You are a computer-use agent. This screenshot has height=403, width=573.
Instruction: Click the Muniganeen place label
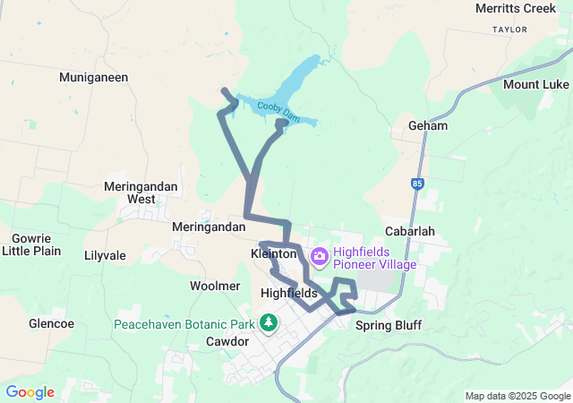(94, 77)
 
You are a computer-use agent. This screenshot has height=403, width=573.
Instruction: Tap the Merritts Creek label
(517, 9)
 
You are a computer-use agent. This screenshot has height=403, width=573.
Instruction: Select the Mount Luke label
(535, 84)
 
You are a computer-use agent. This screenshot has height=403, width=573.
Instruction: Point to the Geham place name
(427, 125)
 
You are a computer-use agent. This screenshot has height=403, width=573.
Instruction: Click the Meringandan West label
(141, 193)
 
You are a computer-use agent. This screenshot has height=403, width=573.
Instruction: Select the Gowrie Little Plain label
(31, 244)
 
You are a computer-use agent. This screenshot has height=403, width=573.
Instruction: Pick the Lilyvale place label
(105, 255)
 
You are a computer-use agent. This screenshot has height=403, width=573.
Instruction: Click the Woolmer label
(215, 286)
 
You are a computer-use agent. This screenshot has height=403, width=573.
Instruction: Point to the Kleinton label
(274, 254)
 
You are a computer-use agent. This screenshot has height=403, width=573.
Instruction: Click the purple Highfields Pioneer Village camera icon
(319, 258)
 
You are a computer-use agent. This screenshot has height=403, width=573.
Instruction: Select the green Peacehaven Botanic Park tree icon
(268, 322)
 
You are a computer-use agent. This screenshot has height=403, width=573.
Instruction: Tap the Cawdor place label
(227, 341)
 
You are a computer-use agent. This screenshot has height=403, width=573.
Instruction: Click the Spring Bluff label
(388, 325)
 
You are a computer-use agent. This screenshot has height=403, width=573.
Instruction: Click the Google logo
(30, 392)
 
